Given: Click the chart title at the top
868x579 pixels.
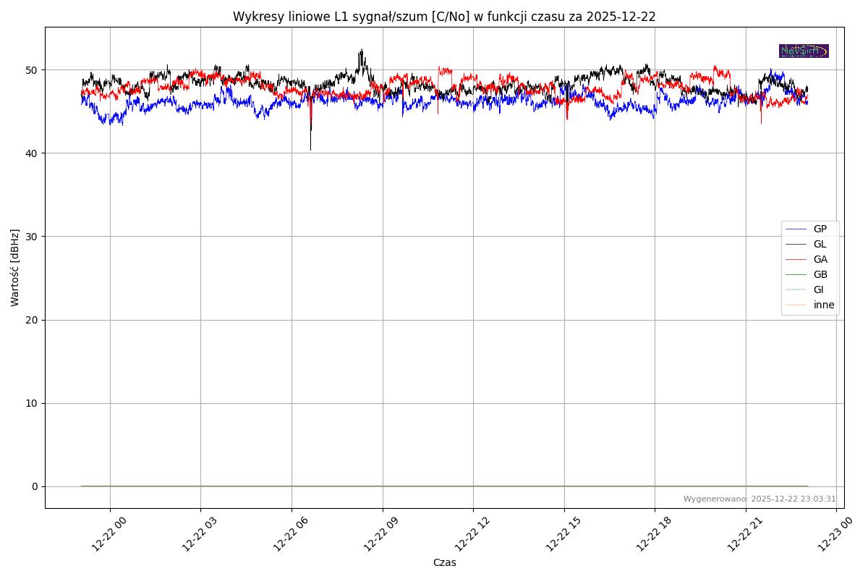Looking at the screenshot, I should pyautogui.click(x=444, y=17).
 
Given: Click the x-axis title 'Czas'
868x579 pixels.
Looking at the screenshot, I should pyautogui.click(x=444, y=562).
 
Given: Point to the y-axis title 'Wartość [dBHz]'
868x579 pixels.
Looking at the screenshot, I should pyautogui.click(x=15, y=267).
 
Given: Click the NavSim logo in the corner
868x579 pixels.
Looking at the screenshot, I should pyautogui.click(x=804, y=51).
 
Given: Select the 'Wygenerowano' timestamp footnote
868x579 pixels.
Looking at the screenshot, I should pyautogui.click(x=759, y=499).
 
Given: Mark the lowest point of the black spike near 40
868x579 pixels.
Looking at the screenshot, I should pyautogui.click(x=311, y=150).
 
